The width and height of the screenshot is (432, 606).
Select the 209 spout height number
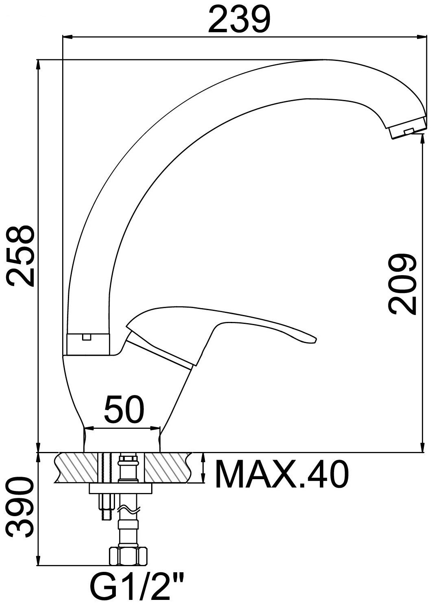(402, 284)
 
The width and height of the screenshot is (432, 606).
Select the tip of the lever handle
(315, 340)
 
